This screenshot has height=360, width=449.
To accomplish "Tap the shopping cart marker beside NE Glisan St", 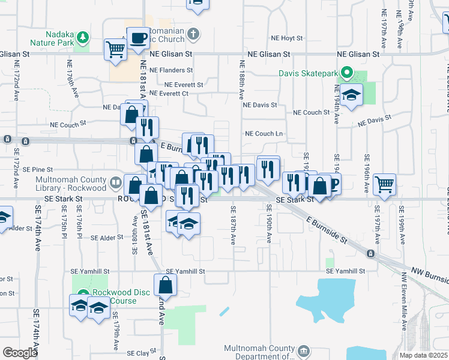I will point(115,49).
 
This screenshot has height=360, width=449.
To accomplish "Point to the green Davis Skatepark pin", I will point(346,74).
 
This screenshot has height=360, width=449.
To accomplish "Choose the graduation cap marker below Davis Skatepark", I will point(351,95).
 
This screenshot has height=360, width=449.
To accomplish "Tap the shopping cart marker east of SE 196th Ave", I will point(384,184).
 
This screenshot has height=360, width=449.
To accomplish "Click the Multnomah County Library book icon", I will point(114,181).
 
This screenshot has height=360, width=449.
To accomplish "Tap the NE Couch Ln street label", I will point(263,134).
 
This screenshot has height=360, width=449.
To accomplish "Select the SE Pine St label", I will point(38,170).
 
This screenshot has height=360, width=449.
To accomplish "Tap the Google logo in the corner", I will point(20,353).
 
